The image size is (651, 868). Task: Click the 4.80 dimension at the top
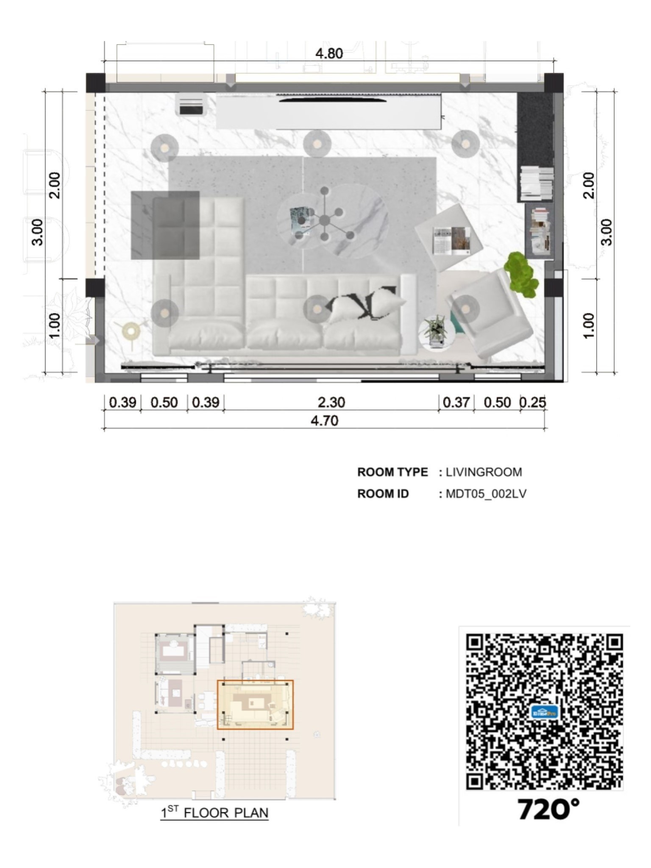[x=329, y=54]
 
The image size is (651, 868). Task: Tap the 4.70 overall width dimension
[x=325, y=421]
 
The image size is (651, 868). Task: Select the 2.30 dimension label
[x=331, y=402]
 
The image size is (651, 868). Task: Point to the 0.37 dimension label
[x=456, y=402]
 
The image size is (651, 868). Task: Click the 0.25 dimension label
[x=533, y=402]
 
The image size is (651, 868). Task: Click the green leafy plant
[x=522, y=273]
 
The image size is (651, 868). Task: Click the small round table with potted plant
[x=437, y=332]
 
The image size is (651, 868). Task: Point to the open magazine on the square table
[x=451, y=241]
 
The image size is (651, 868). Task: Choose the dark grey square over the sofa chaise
[x=165, y=225]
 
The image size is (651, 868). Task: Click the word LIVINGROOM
[x=484, y=472]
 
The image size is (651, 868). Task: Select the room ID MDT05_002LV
[x=486, y=494]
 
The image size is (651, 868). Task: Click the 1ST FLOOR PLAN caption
[x=214, y=812]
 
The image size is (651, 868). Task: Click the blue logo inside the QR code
[x=544, y=712]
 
